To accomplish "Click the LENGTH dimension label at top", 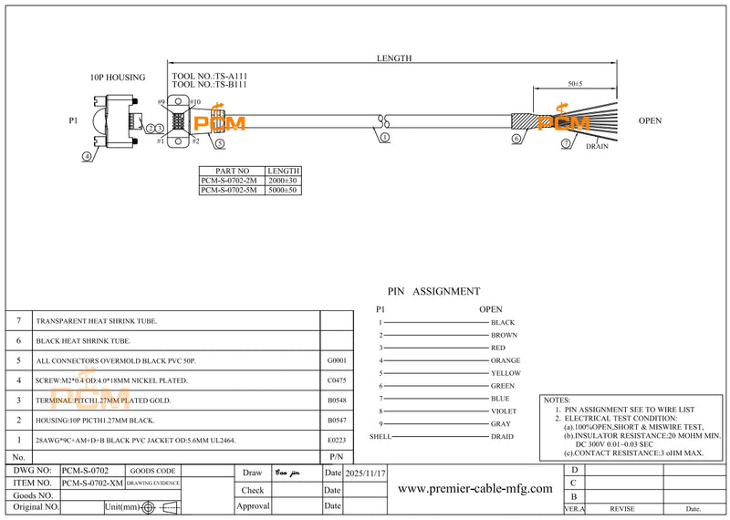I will [x=394, y=58].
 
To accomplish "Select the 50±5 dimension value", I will [x=575, y=84].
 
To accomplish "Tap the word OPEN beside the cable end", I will [x=650, y=120].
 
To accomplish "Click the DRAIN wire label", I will [x=597, y=146].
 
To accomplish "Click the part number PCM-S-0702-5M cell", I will [x=231, y=191].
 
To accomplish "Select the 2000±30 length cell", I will [x=283, y=181].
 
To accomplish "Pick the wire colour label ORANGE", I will [x=506, y=360].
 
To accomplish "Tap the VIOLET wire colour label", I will [x=504, y=411].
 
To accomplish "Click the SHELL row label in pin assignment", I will [x=380, y=437].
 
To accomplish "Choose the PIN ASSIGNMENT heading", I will [x=433, y=292].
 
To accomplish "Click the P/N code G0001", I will [x=336, y=361].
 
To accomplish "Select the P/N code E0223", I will [x=336, y=440].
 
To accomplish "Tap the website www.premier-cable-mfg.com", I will [x=475, y=489].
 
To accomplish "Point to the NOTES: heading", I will [x=558, y=400].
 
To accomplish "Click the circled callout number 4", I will [x=88, y=156].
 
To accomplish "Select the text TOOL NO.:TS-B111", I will [x=209, y=84].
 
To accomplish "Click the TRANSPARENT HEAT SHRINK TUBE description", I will [x=96, y=322].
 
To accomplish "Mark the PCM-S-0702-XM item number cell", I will [x=92, y=482].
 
